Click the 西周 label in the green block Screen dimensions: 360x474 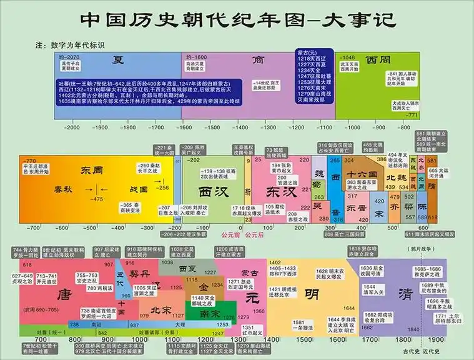[x=378, y=60]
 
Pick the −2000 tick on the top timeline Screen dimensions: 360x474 [x=72, y=127]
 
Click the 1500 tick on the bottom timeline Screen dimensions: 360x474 [x=304, y=339]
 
